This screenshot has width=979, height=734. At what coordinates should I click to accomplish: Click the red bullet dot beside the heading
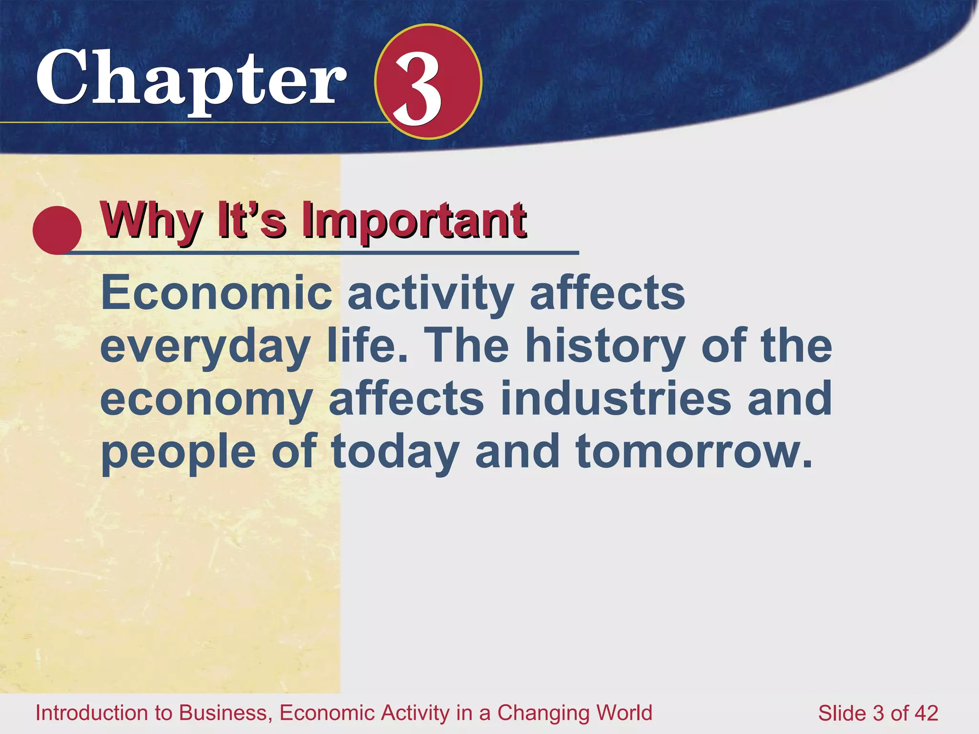(x=57, y=230)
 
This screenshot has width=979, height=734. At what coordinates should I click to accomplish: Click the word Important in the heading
(x=414, y=221)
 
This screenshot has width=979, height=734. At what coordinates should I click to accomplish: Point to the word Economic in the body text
(x=217, y=292)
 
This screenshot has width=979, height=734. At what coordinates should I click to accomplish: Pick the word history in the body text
(x=605, y=346)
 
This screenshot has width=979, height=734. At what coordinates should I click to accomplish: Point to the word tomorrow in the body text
(x=693, y=451)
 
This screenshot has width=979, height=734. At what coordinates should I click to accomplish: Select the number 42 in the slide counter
(x=926, y=713)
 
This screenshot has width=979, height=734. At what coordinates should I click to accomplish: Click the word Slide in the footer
(x=842, y=713)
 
